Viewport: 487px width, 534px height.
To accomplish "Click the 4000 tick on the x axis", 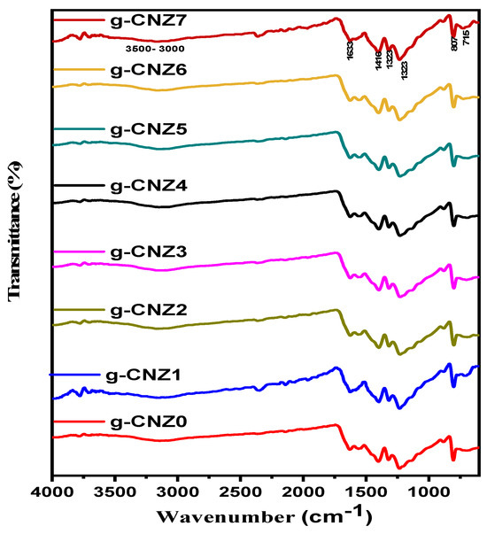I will [x=53, y=489].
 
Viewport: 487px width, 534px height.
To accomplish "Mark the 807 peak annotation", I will [x=454, y=53].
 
